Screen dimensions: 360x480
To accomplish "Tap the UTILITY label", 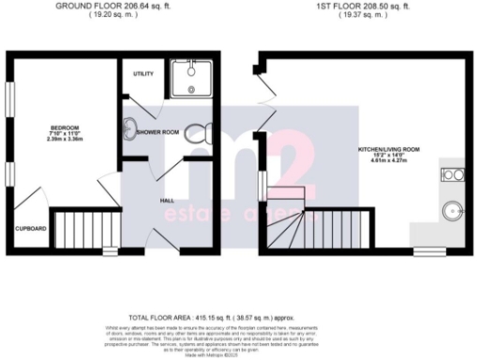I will coord(143,74).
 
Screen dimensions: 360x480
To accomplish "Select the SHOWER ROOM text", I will coord(157,132).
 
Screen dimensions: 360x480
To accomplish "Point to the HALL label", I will coord(167,200).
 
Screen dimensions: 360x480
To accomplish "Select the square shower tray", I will coord(192,82).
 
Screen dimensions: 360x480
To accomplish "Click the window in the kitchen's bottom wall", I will coord(430,251).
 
